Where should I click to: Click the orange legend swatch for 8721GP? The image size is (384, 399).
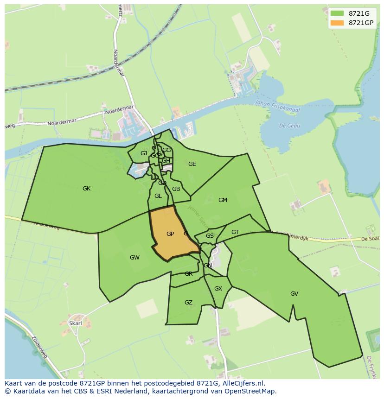337,23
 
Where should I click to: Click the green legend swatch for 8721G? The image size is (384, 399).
337,13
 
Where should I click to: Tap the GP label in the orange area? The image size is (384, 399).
170,234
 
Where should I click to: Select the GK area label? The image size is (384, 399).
86,189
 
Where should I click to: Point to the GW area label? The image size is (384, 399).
134,258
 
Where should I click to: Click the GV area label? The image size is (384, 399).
294,294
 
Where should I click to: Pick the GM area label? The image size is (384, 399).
223,200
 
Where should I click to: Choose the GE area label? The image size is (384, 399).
192,164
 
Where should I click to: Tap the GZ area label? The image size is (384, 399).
188,303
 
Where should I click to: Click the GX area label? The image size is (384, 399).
218,289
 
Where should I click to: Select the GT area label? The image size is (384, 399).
235,232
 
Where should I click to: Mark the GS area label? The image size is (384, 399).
210,236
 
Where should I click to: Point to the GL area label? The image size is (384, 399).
158,196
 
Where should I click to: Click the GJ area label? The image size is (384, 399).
144,153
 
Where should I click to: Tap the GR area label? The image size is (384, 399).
188,274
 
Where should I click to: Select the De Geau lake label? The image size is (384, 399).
290,126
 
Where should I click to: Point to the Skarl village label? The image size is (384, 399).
75,323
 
